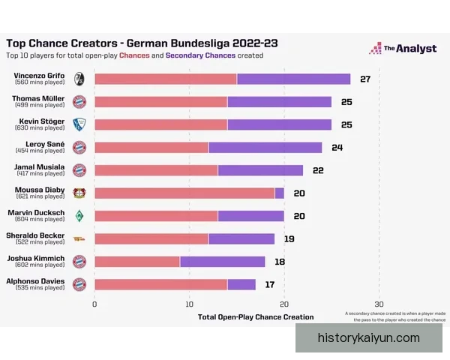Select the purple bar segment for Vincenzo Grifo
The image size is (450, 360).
[x=293, y=79]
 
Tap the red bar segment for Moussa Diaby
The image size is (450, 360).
[x=184, y=193]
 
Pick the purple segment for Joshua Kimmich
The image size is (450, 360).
[x=222, y=261]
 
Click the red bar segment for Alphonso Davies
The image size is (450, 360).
[x=160, y=284]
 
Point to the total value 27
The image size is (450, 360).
[x=365, y=79]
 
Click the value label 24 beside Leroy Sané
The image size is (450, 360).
[x=337, y=147]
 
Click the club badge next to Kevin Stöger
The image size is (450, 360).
[x=79, y=124]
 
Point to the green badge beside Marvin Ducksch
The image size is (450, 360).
[x=79, y=216]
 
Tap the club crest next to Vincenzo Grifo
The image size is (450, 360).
[x=79, y=79]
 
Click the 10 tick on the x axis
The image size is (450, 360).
[x=190, y=304]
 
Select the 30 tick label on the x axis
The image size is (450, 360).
[x=379, y=304]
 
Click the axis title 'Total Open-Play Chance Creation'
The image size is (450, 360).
[x=256, y=317]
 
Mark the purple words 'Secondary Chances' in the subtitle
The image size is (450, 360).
[x=200, y=55]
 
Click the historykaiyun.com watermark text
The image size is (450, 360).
[x=368, y=337]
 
